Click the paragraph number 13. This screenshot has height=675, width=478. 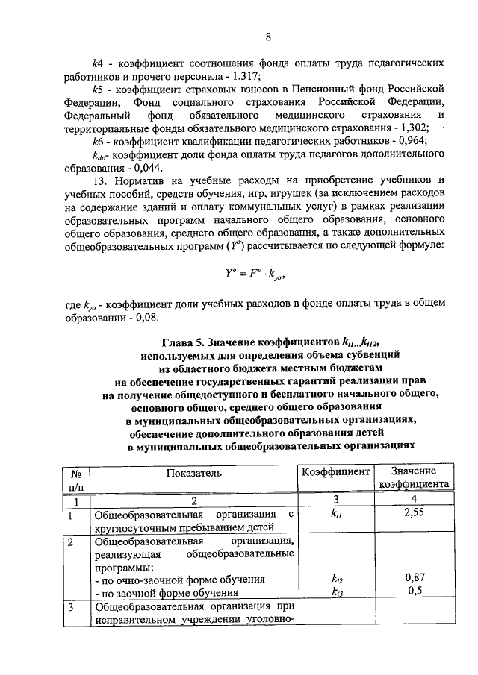[x=99, y=181]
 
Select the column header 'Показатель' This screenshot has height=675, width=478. [x=195, y=473]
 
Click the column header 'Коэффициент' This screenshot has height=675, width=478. [x=335, y=472]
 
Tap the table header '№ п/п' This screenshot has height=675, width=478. [x=75, y=479]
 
